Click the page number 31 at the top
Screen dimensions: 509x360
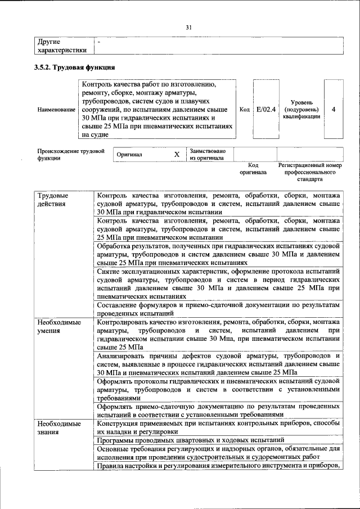(x=189, y=26)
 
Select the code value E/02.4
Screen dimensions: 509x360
(x=265, y=109)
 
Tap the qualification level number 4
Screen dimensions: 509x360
(x=334, y=109)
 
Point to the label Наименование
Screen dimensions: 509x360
(x=56, y=109)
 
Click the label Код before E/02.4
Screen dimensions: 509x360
(x=245, y=109)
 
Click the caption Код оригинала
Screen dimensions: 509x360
(x=253, y=169)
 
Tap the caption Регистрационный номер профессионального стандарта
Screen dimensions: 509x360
(x=310, y=173)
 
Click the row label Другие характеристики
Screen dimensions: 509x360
(x=62, y=46)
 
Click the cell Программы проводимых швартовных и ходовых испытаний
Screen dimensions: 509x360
(x=190, y=440)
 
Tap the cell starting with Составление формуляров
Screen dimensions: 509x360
(x=218, y=309)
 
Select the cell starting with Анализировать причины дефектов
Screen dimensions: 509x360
(x=218, y=364)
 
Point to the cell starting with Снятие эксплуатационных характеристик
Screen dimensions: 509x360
(x=218, y=283)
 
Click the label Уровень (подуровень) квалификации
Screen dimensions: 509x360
(x=302, y=109)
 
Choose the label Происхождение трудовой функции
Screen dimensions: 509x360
(x=71, y=155)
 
